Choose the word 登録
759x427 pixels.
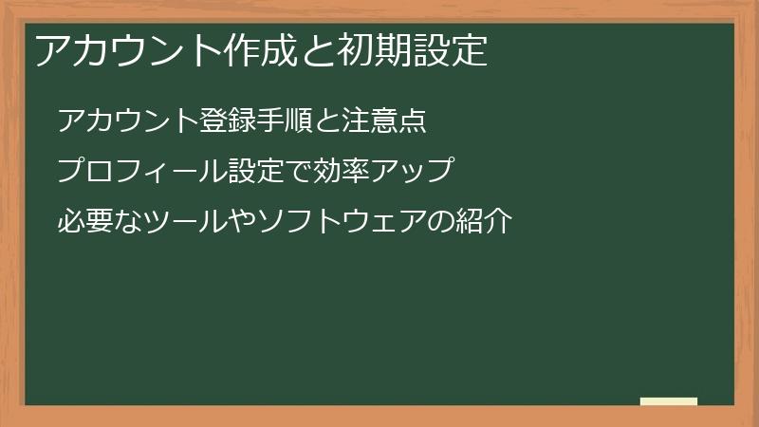tap(227, 121)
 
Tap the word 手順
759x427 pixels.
tap(286, 121)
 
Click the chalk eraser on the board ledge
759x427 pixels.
tap(669, 401)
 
